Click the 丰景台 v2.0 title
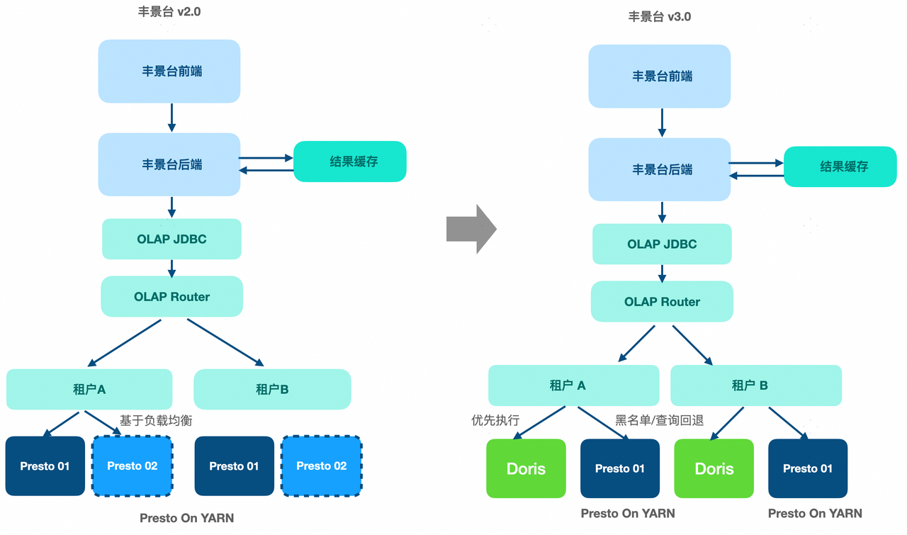click(x=169, y=12)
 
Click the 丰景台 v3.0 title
click(x=660, y=16)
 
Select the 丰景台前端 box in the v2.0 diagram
click(x=169, y=71)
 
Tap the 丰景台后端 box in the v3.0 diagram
click(x=660, y=169)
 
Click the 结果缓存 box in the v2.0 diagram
click(x=350, y=162)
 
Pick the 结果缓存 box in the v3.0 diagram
click(x=840, y=167)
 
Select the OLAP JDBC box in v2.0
click(x=171, y=239)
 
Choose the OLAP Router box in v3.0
click(x=662, y=301)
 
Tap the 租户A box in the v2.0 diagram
click(x=89, y=389)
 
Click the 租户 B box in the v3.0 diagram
click(x=755, y=385)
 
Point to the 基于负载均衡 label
click(x=156, y=420)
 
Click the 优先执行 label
click(x=495, y=420)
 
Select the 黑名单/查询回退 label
click(x=659, y=420)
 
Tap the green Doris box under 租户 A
click(x=526, y=468)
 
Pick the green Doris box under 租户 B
click(x=714, y=468)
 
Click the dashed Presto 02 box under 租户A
click(x=133, y=466)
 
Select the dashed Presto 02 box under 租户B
click(x=322, y=466)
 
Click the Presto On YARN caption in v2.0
click(x=186, y=518)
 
